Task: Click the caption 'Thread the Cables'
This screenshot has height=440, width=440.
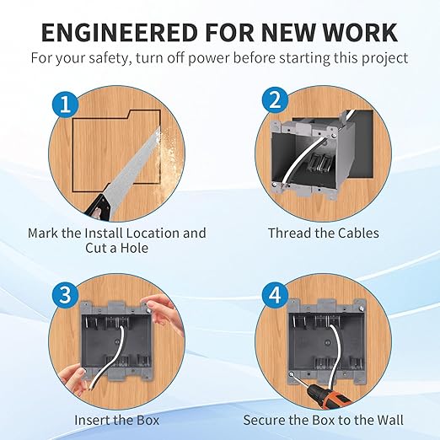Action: tap(324, 233)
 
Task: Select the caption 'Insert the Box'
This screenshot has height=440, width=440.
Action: tap(116, 419)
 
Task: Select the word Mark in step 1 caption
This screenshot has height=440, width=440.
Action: tap(44, 233)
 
